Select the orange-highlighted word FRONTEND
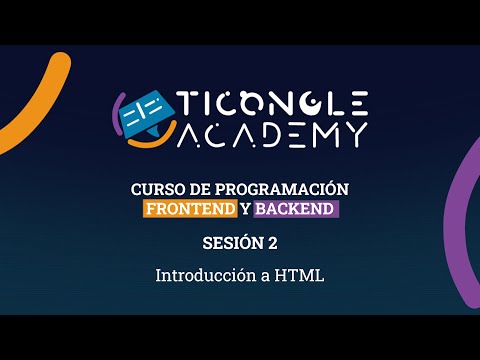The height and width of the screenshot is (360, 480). point(190,209)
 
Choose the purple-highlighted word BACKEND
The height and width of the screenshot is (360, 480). point(296,209)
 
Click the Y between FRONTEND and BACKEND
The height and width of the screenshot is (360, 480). point(245,209)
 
